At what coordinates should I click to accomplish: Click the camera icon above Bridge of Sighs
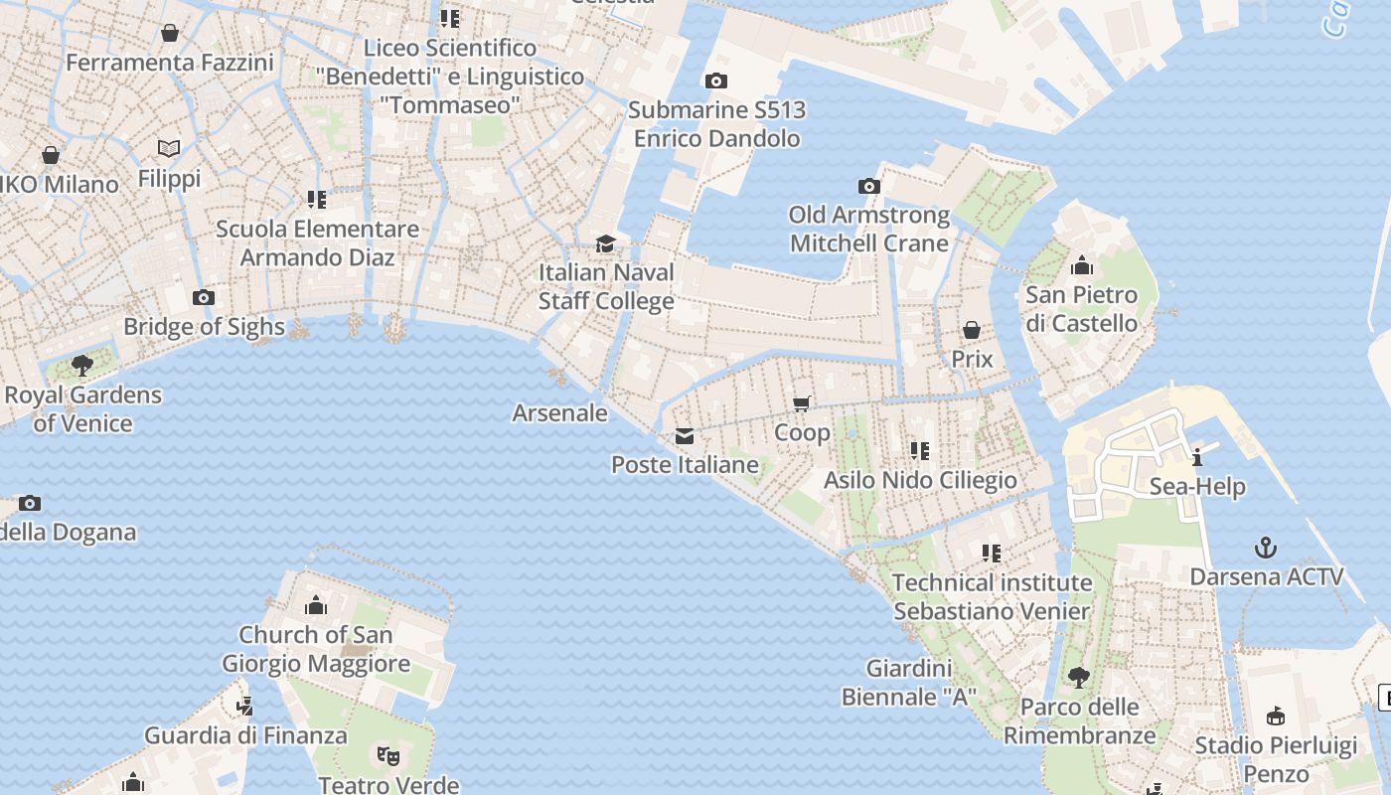204,298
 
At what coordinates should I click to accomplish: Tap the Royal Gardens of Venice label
82,408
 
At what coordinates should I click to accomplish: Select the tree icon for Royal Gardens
82,365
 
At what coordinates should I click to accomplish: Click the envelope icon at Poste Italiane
684,435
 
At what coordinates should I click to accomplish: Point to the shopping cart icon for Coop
802,403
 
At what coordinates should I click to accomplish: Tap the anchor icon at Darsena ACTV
1266,548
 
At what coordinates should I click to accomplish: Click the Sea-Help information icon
1197,457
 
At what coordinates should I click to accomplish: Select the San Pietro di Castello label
1081,309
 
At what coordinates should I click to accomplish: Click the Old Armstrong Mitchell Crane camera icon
869,186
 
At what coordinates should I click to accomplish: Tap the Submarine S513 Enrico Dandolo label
716,124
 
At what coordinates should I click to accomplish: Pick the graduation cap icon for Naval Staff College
605,243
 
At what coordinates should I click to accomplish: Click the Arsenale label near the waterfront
559,412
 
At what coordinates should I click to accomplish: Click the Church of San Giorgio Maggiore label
315,649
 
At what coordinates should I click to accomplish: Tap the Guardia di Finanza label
245,735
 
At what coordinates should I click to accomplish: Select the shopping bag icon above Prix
972,330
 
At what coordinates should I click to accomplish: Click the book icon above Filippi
169,149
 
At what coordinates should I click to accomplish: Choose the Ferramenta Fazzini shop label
169,63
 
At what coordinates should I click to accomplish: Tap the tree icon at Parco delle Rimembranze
1078,678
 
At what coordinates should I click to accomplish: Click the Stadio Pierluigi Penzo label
1276,759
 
